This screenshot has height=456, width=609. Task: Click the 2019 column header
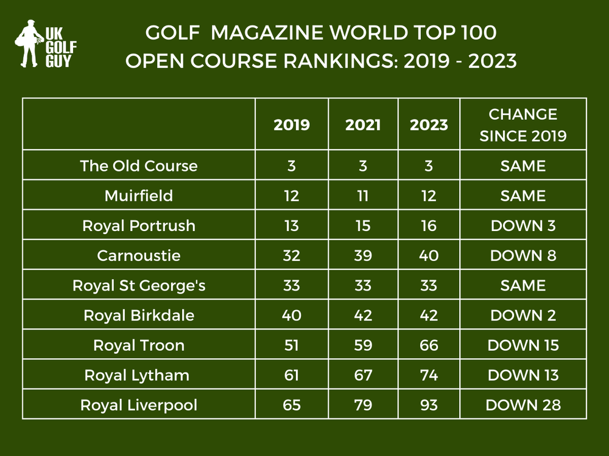coord(292,125)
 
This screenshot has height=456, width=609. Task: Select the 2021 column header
coord(363,125)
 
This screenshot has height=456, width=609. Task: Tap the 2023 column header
coord(429,125)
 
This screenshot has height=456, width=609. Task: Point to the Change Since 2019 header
coord(523,125)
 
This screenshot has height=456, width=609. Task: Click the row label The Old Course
coord(139,166)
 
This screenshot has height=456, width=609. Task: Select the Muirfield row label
coord(139,196)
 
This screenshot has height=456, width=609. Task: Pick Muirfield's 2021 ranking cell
coord(363,196)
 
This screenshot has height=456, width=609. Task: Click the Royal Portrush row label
coord(139,226)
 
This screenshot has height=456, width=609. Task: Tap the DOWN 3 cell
coord(523,226)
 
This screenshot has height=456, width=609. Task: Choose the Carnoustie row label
coord(139,255)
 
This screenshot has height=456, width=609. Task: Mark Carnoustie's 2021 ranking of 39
coord(363,255)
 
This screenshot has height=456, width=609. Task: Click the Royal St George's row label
coord(139,285)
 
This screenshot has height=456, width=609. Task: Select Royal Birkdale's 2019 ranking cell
coord(292,316)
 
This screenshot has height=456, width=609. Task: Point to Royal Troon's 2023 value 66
coord(429,345)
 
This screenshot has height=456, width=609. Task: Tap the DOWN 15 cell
coord(523,345)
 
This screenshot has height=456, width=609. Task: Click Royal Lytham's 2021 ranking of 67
coord(363,375)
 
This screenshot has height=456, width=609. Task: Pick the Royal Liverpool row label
coord(139,405)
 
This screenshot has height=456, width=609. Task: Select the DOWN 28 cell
coord(523,405)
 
